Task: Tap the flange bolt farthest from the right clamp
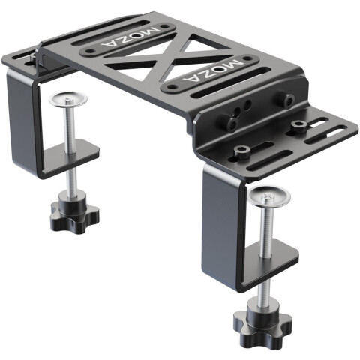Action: click(x=299, y=124)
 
